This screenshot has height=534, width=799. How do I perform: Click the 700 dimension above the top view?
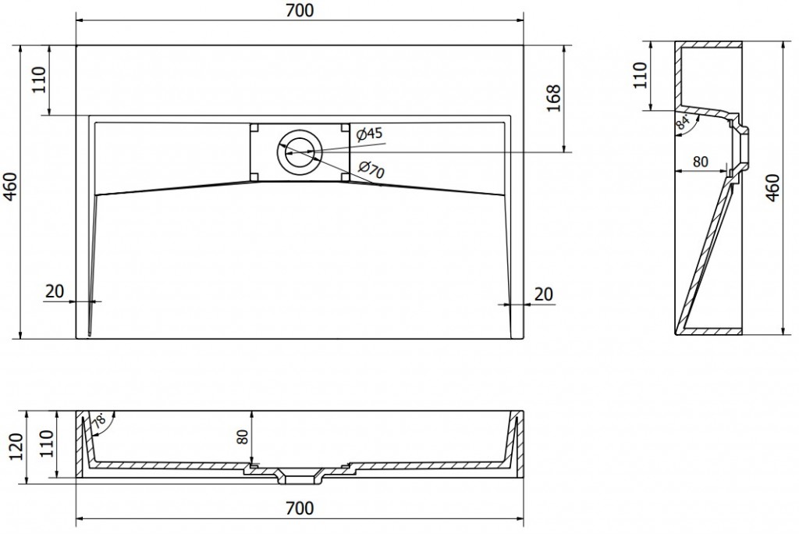click(300, 10)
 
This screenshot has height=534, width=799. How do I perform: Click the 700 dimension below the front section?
click(300, 508)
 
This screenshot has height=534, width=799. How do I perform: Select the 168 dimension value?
click(553, 98)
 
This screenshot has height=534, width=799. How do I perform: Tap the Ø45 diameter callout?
click(369, 133)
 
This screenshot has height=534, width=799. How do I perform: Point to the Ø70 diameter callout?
click(371, 169)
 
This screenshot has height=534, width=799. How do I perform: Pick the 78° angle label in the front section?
click(99, 421)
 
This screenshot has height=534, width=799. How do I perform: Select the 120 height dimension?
click(16, 447)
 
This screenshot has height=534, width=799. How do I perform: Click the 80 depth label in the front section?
click(243, 436)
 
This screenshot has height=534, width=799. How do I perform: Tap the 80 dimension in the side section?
click(701, 161)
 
